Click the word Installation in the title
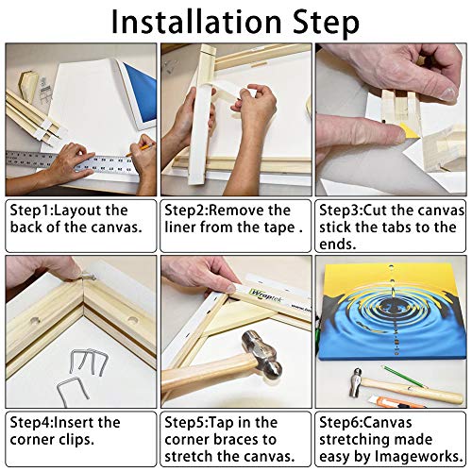coord(196,22)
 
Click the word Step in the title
coord(326,23)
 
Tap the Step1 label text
coord(30,211)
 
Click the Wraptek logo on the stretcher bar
coord(263,295)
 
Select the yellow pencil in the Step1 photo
coord(141,149)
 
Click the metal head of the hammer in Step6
coord(356,383)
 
